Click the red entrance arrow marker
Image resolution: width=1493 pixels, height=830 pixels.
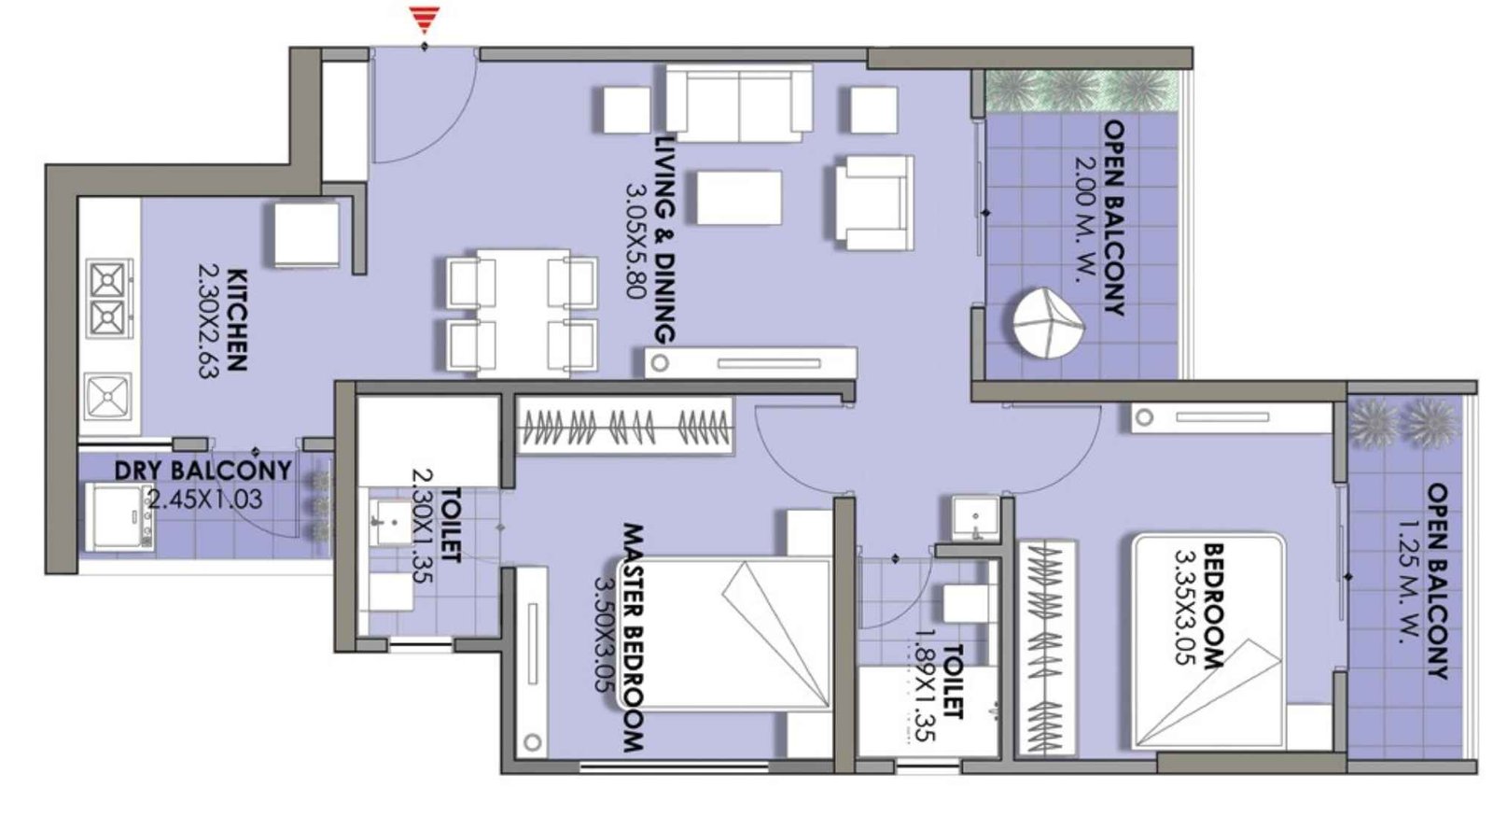tap(425, 19)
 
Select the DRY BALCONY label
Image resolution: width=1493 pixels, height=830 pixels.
tap(202, 470)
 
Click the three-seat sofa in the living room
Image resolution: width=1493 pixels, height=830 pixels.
tap(738, 103)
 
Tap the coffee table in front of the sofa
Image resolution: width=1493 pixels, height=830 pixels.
tap(739, 197)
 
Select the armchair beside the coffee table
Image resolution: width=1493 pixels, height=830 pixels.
tap(869, 202)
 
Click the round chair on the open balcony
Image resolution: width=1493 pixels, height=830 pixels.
tap(1047, 323)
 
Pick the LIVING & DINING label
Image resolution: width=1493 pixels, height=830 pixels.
tap(663, 239)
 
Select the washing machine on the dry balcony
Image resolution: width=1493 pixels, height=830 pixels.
tap(119, 516)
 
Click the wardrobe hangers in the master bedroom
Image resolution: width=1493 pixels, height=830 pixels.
tap(624, 428)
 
